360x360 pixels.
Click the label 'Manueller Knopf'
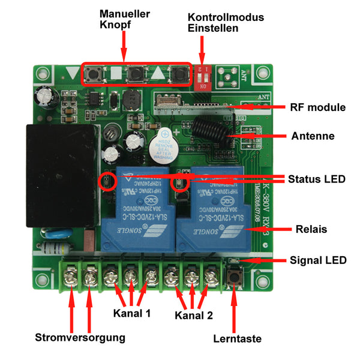(124, 19)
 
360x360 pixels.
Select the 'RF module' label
(317, 108)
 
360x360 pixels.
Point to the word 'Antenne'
(313, 136)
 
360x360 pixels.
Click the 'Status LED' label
(316, 179)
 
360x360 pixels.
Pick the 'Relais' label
(313, 229)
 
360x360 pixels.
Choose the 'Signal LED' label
(318, 260)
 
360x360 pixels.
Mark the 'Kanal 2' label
(194, 314)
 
